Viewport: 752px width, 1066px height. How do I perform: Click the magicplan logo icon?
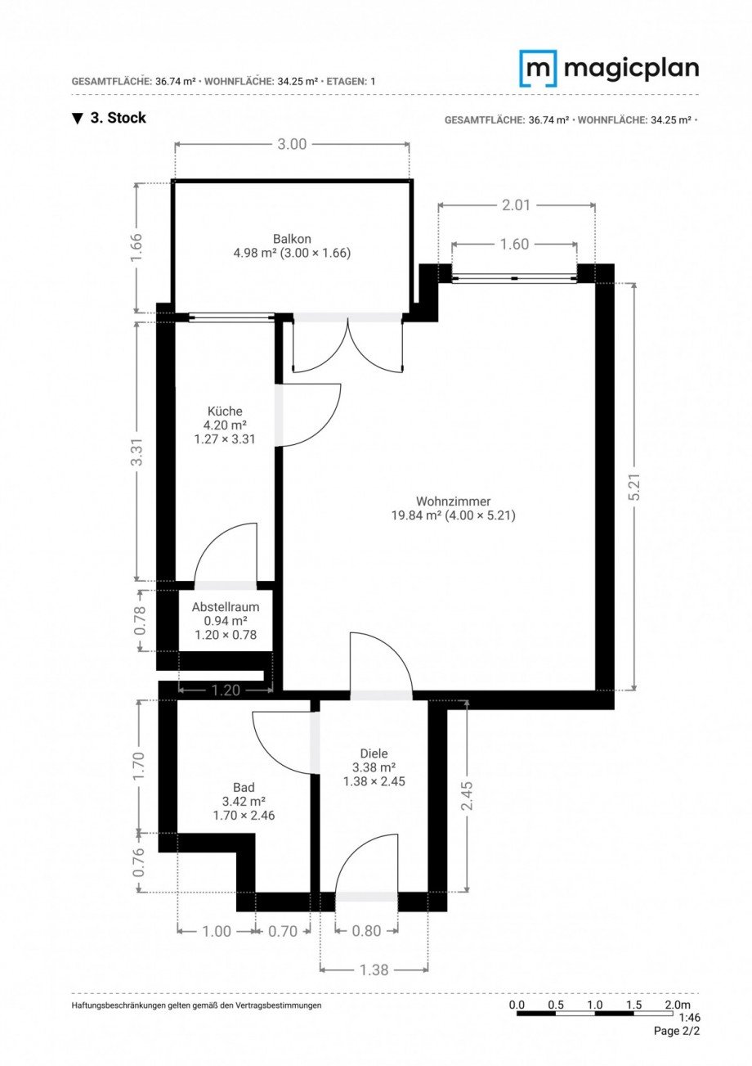538,69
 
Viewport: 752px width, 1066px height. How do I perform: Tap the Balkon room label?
292,239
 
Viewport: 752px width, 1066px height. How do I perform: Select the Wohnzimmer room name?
453,502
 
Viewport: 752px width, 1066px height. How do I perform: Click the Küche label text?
225,412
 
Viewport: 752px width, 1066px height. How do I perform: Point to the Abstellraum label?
226,607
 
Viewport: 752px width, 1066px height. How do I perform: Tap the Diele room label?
374,753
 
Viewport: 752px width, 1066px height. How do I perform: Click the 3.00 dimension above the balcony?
292,144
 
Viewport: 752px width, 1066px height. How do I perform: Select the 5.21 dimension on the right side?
634,487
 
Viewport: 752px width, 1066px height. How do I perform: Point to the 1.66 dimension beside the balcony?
137,247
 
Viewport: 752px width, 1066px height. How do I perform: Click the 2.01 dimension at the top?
516,205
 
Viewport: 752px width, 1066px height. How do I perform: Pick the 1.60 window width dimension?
514,244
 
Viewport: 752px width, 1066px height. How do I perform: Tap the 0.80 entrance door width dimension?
367,930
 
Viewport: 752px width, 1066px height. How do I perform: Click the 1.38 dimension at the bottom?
374,969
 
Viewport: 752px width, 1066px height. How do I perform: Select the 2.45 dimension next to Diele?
467,795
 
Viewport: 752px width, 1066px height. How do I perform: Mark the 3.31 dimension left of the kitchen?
137,452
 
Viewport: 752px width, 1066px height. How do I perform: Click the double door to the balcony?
348,344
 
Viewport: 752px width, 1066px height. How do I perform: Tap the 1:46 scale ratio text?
678,1019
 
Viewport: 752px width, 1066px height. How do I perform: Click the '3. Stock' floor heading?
118,118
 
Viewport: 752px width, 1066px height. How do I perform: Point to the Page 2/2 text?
677,1031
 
